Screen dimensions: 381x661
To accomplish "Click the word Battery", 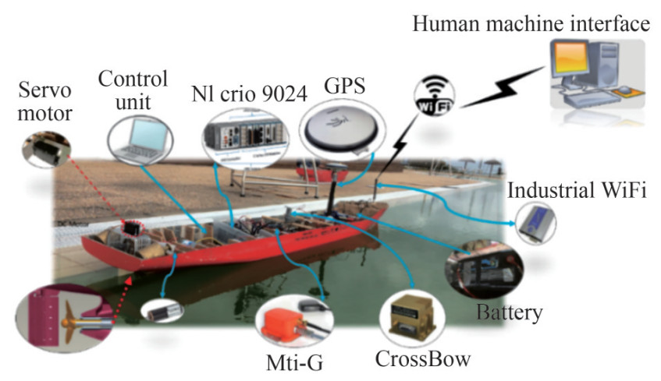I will tap(509, 313).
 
